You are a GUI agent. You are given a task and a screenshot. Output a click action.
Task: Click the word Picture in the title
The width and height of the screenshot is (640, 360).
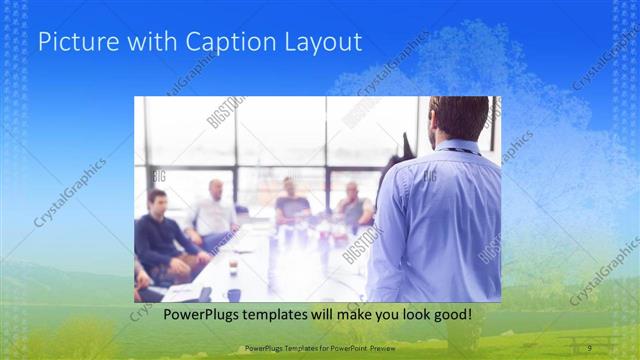71,43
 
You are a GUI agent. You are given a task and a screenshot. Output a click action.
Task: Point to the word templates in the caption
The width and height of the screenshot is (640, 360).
287,314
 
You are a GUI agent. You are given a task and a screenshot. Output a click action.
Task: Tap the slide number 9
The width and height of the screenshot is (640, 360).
589,347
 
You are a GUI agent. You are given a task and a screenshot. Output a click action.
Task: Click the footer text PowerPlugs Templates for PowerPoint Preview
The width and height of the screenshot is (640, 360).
319,347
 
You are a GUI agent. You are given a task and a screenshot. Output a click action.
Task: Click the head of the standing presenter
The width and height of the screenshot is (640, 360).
459,118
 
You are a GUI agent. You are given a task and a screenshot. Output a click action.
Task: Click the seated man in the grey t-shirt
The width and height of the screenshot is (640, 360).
291,205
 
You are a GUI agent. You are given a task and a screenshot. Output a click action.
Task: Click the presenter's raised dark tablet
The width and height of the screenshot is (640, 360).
408,145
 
